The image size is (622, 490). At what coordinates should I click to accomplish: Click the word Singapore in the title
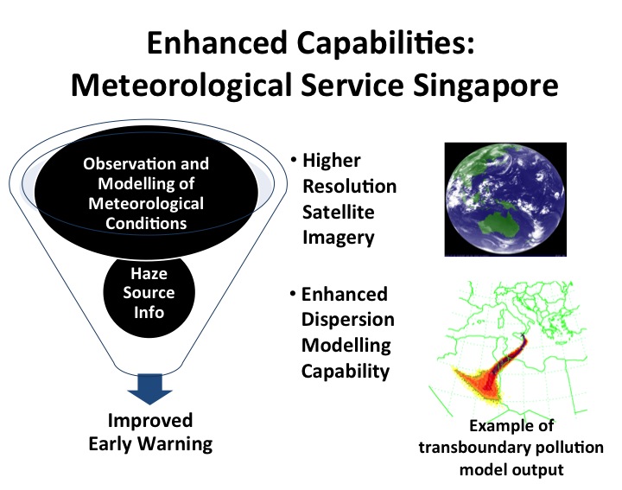coord(486,86)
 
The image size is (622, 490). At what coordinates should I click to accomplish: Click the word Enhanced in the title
coord(217,43)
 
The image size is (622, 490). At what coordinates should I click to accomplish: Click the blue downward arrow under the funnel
coord(150,389)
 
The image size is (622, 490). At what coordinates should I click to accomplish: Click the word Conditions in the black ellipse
coord(146,223)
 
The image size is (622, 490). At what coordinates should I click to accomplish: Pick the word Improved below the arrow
coord(150,421)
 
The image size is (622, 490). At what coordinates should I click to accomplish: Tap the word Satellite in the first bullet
coord(339,212)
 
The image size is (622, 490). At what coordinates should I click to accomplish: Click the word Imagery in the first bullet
coord(339,238)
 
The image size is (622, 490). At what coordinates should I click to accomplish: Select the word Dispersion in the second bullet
coord(348,320)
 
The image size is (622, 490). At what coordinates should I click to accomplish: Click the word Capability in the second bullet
coord(345,372)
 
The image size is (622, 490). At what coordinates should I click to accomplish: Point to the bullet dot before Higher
coord(294,160)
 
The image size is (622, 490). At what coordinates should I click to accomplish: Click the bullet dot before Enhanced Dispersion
coord(293,294)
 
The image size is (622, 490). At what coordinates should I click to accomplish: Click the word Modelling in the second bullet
coord(346,346)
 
